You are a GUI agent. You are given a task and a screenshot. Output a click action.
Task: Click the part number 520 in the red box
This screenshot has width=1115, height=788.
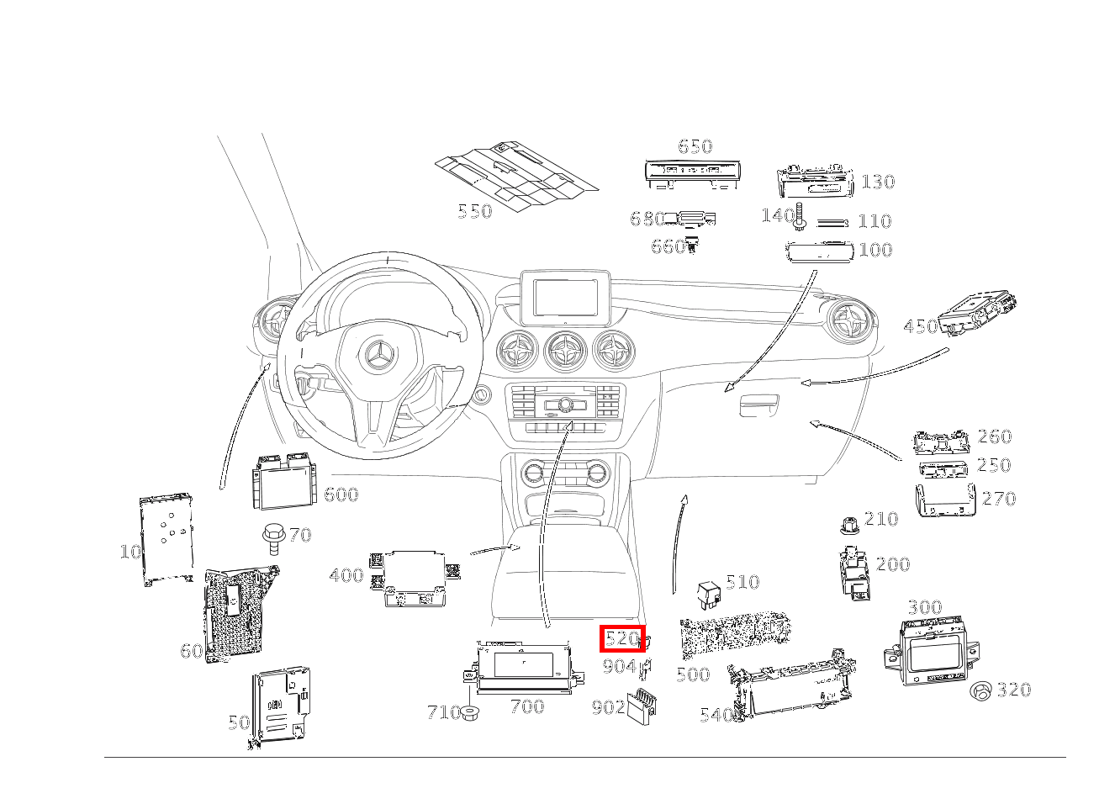(x=621, y=638)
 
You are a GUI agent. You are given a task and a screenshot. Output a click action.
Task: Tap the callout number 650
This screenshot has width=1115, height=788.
(x=695, y=146)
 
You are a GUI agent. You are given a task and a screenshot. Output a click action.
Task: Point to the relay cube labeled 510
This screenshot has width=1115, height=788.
(x=709, y=595)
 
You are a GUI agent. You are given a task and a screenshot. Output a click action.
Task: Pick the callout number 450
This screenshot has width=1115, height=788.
(x=921, y=326)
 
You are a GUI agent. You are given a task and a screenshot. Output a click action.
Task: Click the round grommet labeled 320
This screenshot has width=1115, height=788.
(x=980, y=691)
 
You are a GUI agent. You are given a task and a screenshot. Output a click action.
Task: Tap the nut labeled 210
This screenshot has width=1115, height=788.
(x=849, y=525)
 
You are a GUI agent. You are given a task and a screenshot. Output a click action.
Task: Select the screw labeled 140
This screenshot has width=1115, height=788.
(x=800, y=217)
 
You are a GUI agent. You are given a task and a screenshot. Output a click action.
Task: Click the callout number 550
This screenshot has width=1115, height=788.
(x=475, y=211)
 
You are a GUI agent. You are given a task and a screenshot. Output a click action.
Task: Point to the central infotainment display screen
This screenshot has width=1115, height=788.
(x=565, y=298)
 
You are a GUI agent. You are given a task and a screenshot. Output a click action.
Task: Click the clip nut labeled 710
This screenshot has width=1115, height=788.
(x=468, y=713)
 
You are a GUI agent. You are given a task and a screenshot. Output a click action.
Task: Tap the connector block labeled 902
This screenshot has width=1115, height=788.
(x=641, y=706)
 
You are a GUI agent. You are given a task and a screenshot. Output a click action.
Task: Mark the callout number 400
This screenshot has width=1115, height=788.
(x=346, y=575)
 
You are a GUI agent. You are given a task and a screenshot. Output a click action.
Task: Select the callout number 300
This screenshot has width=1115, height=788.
(x=925, y=607)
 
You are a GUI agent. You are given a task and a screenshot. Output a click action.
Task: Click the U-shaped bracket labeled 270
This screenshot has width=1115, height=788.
(x=945, y=500)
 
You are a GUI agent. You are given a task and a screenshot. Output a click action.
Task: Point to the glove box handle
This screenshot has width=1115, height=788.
(x=759, y=405)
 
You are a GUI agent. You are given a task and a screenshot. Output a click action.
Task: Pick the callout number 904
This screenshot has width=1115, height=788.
(x=619, y=666)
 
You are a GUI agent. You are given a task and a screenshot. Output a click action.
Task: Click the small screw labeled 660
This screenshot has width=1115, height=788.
(x=692, y=245)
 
